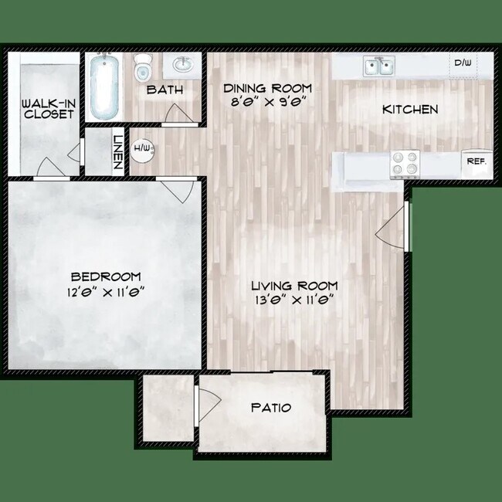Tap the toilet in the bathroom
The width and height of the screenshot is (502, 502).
(143, 70)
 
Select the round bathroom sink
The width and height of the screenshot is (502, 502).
(184, 64)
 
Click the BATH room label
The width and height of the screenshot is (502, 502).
(165, 90)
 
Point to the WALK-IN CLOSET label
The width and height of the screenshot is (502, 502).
(48, 108)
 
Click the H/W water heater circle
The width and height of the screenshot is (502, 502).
(142, 148)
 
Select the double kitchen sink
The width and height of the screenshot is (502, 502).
(378, 67)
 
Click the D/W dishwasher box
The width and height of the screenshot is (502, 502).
(463, 63)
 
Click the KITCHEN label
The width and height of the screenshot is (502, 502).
(410, 110)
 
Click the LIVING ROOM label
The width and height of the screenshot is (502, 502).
(294, 286)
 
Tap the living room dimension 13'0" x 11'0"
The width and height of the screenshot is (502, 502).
(294, 299)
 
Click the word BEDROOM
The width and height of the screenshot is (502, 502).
(106, 276)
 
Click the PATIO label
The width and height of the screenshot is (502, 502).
(271, 407)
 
